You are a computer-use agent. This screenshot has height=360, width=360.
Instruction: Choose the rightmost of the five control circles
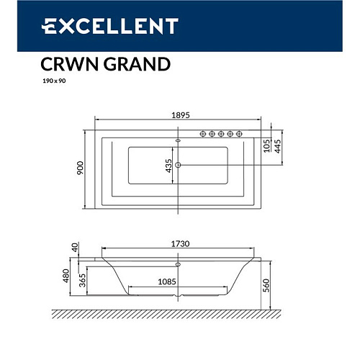coord(238,133)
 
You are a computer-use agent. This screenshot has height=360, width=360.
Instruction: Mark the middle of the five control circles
coord(221,133)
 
